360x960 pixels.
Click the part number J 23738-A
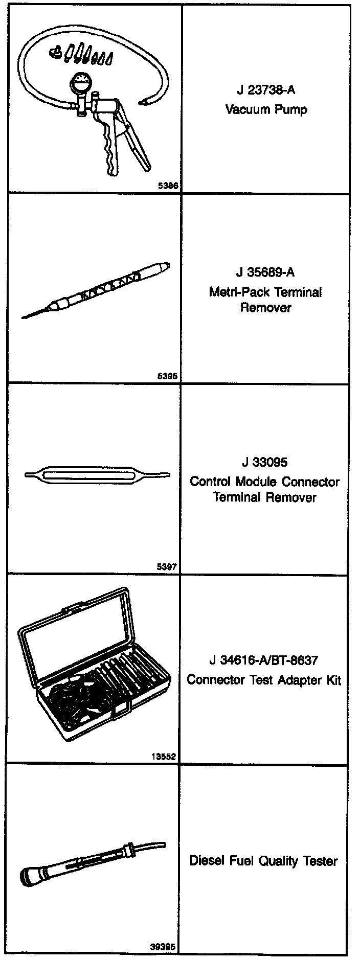266,90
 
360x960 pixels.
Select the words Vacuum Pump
266,109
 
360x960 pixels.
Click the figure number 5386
168,186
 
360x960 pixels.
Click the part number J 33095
265,463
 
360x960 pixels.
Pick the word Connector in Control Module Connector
311,482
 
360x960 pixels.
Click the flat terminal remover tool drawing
97,475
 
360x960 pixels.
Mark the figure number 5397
168,567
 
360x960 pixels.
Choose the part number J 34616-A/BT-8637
264,660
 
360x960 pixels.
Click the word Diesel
207,861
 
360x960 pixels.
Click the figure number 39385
164,947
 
